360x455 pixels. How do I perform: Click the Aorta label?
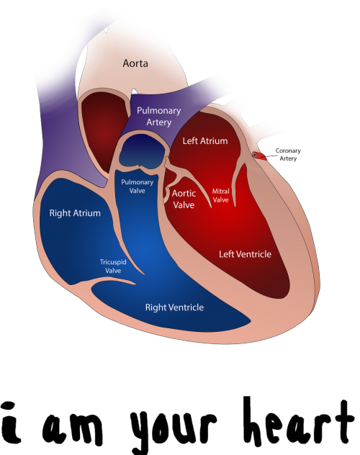point(135,63)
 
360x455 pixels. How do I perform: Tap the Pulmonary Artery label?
point(158,116)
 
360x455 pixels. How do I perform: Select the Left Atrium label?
point(205,141)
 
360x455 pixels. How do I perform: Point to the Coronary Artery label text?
point(288,154)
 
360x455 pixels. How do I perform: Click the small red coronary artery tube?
point(259,156)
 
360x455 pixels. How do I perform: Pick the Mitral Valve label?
point(220,196)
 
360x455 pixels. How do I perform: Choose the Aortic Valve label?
point(184,199)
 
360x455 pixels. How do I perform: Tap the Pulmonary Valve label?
point(138,186)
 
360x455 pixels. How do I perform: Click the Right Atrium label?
point(75,213)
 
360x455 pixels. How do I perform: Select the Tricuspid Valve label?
point(113,266)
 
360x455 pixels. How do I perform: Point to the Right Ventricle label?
point(174,307)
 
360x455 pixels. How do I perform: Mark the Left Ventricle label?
point(245,254)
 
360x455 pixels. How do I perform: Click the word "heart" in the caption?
point(299,421)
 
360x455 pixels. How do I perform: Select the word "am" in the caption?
point(73,428)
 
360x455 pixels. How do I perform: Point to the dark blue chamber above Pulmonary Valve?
point(143,152)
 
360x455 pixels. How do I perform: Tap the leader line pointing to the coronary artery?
point(269,156)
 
